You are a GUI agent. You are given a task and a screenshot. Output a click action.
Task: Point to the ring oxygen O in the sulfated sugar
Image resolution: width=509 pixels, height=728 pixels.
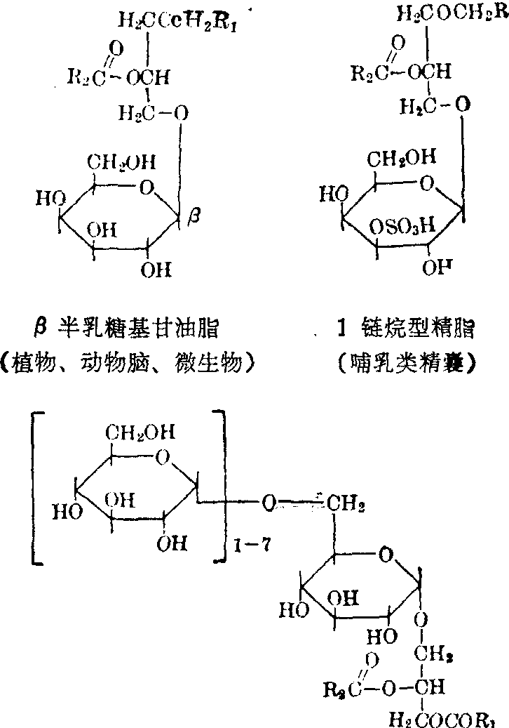pyautogui.click(x=428, y=184)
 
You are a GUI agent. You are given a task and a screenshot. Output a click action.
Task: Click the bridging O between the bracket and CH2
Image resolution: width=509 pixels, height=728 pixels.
pyautogui.click(x=267, y=503)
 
